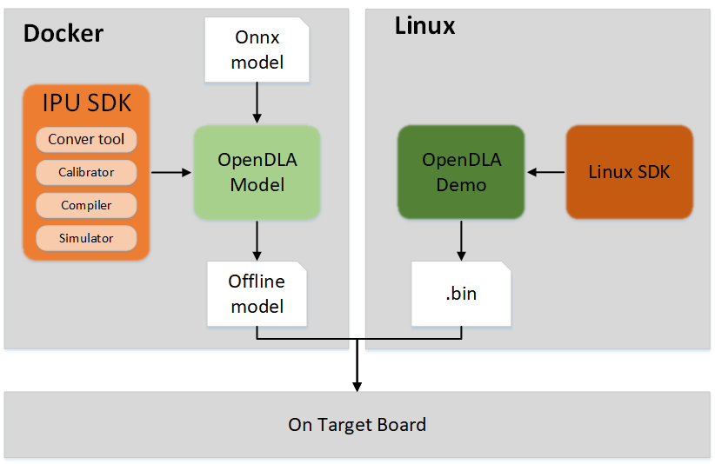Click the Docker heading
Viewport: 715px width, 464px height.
pyautogui.click(x=63, y=33)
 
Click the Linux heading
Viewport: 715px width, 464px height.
pyautogui.click(x=424, y=25)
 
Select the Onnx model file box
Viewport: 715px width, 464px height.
pyautogui.click(x=257, y=50)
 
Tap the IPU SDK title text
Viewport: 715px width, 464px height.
pyautogui.click(x=87, y=103)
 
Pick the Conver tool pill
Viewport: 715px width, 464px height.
pyautogui.click(x=86, y=139)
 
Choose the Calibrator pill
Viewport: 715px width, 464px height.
pyautogui.click(x=86, y=172)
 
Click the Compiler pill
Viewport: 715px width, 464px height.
pyautogui.click(x=86, y=205)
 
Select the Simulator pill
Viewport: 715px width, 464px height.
pyautogui.click(x=86, y=238)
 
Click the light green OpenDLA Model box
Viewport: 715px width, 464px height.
pyautogui.click(x=257, y=173)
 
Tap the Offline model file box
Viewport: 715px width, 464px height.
pyautogui.click(x=257, y=294)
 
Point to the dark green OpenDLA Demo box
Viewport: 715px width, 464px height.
pyautogui.click(x=461, y=172)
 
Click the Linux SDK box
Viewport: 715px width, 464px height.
pyautogui.click(x=629, y=172)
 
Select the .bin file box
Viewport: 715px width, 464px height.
pyautogui.click(x=461, y=294)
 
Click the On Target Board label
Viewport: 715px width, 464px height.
pyautogui.click(x=357, y=425)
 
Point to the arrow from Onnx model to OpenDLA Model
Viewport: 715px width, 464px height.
pyautogui.click(x=257, y=103)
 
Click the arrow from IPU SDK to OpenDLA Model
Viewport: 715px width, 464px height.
pyautogui.click(x=171, y=173)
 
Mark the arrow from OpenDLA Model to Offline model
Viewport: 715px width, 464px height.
pyautogui.click(x=257, y=241)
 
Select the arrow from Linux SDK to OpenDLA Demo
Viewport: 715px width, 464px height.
pyautogui.click(x=546, y=172)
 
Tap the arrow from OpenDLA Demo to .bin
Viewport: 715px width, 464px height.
pyautogui.click(x=461, y=241)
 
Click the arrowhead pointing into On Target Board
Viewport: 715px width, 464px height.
pyautogui.click(x=357, y=387)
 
